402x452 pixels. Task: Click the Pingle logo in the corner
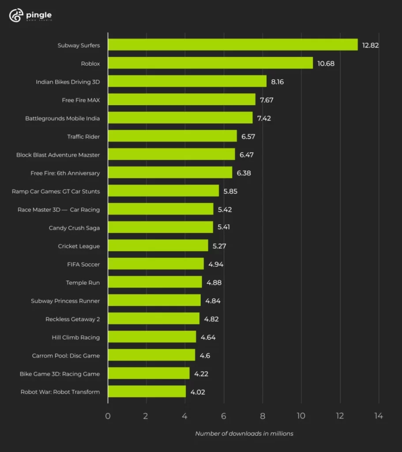30,16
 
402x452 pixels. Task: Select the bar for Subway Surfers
233,45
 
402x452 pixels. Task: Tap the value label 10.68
326,64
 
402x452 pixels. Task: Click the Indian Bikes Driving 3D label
68,82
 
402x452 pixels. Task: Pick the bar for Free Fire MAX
181,100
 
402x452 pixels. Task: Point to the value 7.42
266,118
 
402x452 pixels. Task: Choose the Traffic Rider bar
172,136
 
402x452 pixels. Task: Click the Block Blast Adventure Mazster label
58,155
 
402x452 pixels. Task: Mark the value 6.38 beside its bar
244,173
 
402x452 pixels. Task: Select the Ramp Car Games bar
163,191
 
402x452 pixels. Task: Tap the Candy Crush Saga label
74,228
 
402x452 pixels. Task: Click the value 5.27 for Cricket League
219,246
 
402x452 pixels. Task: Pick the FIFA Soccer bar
156,264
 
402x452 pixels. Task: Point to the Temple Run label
83,282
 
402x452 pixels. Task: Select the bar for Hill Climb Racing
152,337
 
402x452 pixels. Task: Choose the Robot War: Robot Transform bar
147,392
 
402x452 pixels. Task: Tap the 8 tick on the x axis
263,416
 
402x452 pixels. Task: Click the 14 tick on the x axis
379,416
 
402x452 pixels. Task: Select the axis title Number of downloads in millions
244,433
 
